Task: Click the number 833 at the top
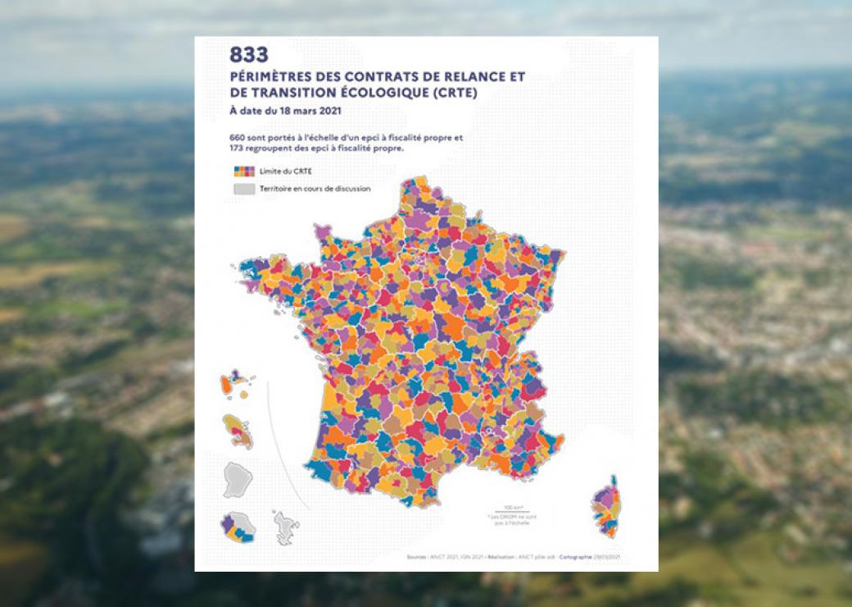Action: [x=249, y=55]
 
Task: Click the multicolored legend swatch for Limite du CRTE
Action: [x=242, y=171]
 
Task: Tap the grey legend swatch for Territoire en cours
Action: [x=242, y=189]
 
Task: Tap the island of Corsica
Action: [x=607, y=505]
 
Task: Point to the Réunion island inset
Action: [x=238, y=527]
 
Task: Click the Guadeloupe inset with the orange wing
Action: [x=234, y=386]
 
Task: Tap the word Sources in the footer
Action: [x=416, y=557]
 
